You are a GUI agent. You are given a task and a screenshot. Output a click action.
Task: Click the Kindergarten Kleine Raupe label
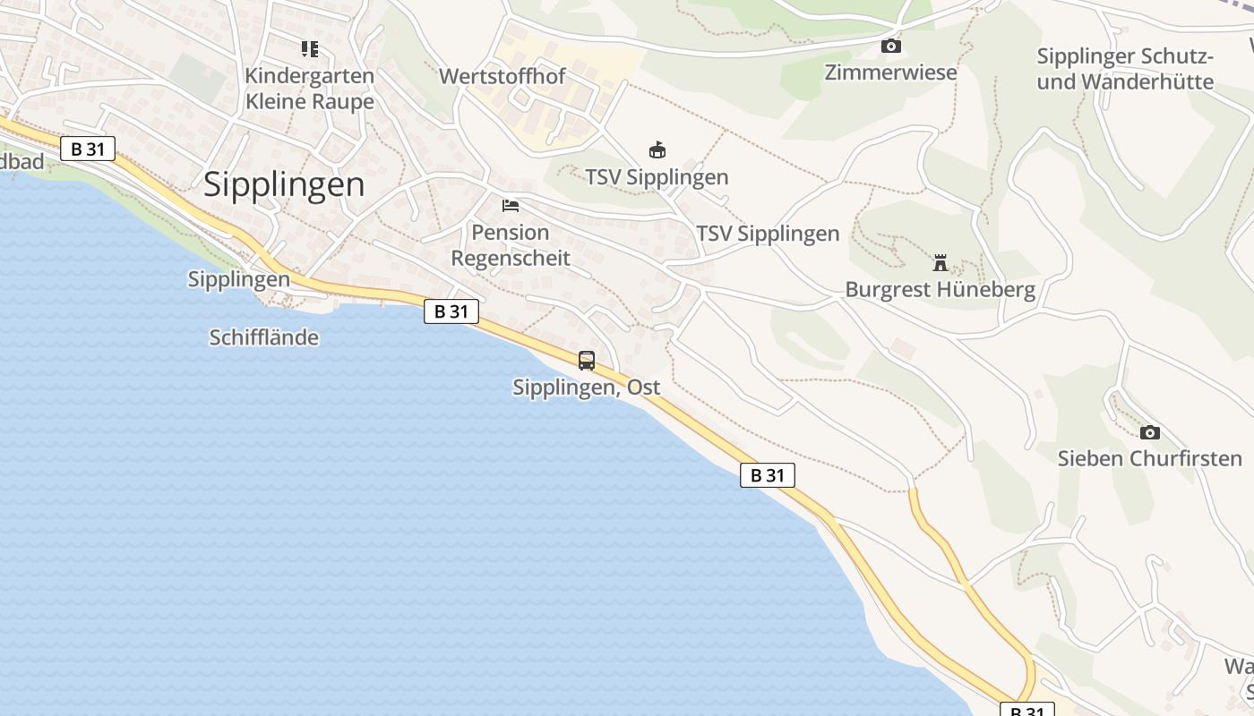point(310,89)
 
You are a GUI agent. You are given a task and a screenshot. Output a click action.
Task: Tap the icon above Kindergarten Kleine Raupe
point(310,49)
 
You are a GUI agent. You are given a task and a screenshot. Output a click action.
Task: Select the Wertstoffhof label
point(502,76)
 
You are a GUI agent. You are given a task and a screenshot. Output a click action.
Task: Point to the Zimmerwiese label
point(891,72)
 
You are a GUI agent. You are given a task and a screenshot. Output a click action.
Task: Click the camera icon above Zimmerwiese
point(891,46)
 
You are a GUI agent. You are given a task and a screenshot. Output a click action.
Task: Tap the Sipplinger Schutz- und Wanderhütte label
point(1125,69)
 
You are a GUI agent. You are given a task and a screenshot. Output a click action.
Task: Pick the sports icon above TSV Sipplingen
point(657,150)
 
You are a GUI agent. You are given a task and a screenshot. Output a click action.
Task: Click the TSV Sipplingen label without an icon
point(768,234)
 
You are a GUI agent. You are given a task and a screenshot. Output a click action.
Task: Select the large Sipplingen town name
point(284,184)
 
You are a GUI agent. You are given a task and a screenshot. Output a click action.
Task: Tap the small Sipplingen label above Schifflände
point(239,279)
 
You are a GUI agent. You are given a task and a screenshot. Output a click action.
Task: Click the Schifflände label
point(264,337)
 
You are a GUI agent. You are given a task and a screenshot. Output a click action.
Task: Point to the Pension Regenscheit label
point(511,245)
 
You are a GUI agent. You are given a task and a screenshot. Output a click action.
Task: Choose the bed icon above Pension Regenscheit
point(511,206)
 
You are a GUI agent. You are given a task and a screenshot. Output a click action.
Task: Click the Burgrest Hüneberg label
point(940,290)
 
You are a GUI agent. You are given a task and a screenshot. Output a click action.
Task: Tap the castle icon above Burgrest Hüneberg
point(940,263)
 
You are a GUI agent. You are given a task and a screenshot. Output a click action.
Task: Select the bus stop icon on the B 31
point(587,361)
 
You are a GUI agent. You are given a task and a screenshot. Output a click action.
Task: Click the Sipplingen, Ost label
point(587,388)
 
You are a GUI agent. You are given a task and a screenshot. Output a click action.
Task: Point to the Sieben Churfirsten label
point(1150,459)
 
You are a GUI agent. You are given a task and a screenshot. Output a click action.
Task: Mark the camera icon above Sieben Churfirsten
point(1150,433)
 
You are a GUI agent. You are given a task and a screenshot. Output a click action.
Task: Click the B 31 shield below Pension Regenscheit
point(451,311)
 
